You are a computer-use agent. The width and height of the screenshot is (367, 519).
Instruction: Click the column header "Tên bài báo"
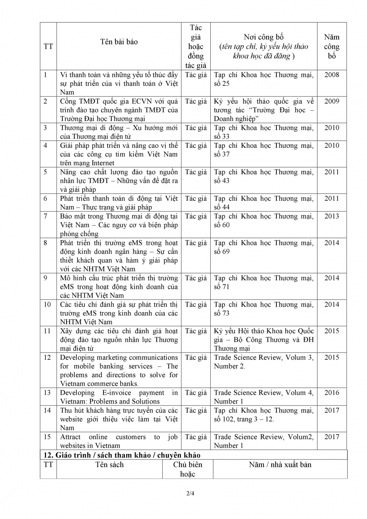(119, 42)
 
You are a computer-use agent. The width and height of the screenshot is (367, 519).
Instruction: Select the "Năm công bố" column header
(331, 46)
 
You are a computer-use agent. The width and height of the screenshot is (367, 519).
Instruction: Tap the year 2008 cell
(331, 75)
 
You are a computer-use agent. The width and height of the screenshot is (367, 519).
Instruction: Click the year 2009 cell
(331, 101)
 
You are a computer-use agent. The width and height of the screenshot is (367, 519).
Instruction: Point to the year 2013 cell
(331, 216)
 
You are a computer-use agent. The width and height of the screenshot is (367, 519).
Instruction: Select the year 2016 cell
(331, 393)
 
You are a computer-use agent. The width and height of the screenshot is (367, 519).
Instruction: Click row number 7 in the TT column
(45, 216)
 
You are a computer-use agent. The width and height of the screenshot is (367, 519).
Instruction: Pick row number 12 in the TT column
(47, 357)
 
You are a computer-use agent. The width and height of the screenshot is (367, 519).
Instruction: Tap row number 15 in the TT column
(47, 437)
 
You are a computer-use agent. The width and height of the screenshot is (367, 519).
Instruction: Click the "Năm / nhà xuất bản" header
(280, 465)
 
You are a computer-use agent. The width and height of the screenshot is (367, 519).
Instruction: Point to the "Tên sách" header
(109, 465)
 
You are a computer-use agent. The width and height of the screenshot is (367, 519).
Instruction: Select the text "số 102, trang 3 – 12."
(244, 419)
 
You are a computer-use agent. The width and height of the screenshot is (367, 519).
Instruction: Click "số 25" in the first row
(221, 84)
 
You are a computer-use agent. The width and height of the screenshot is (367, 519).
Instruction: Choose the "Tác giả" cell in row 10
(196, 305)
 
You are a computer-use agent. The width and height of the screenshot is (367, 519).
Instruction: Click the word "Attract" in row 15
(70, 437)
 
